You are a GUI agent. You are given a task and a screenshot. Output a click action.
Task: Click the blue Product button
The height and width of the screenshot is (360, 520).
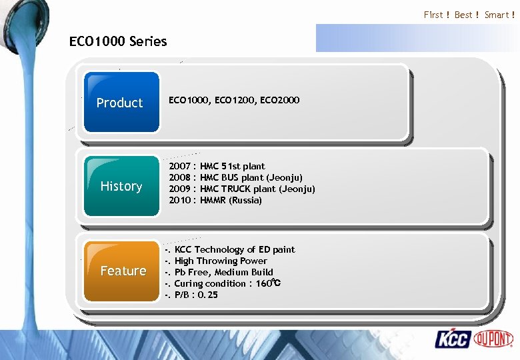(x=120, y=102)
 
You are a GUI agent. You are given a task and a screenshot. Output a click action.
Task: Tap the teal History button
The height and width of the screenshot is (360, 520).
(x=121, y=186)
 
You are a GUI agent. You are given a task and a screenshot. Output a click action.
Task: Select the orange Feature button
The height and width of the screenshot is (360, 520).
(x=123, y=271)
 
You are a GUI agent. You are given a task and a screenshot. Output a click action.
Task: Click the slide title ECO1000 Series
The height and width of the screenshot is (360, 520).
(x=118, y=41)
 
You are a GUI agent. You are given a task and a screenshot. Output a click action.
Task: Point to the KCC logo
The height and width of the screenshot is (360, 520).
(x=453, y=339)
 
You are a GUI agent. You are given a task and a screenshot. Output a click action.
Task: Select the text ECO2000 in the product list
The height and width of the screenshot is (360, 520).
(x=281, y=100)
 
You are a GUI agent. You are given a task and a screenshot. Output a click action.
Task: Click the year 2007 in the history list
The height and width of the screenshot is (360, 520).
(x=179, y=166)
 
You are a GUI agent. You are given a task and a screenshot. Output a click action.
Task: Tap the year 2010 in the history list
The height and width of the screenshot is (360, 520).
(x=179, y=200)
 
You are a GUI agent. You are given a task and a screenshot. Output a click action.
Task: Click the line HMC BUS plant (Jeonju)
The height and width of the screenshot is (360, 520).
(x=251, y=177)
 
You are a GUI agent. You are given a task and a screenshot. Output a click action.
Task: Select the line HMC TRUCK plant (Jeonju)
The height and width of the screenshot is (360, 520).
(x=257, y=189)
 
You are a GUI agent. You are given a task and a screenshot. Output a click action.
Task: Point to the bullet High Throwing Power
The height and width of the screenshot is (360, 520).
(x=220, y=261)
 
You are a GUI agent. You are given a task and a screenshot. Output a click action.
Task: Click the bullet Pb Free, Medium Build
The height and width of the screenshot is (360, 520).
(x=223, y=272)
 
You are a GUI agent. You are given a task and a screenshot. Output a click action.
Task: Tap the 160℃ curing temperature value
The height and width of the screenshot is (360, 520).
(x=268, y=283)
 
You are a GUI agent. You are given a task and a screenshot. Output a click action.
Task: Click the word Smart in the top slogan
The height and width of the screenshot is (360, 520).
(x=497, y=15)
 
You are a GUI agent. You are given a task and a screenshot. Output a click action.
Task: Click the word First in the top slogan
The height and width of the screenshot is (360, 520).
(x=433, y=15)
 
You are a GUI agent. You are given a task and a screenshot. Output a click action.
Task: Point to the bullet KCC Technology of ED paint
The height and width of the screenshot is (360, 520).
(x=234, y=249)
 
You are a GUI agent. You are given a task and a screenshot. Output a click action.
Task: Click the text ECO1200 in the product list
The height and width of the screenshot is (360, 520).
(x=233, y=100)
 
